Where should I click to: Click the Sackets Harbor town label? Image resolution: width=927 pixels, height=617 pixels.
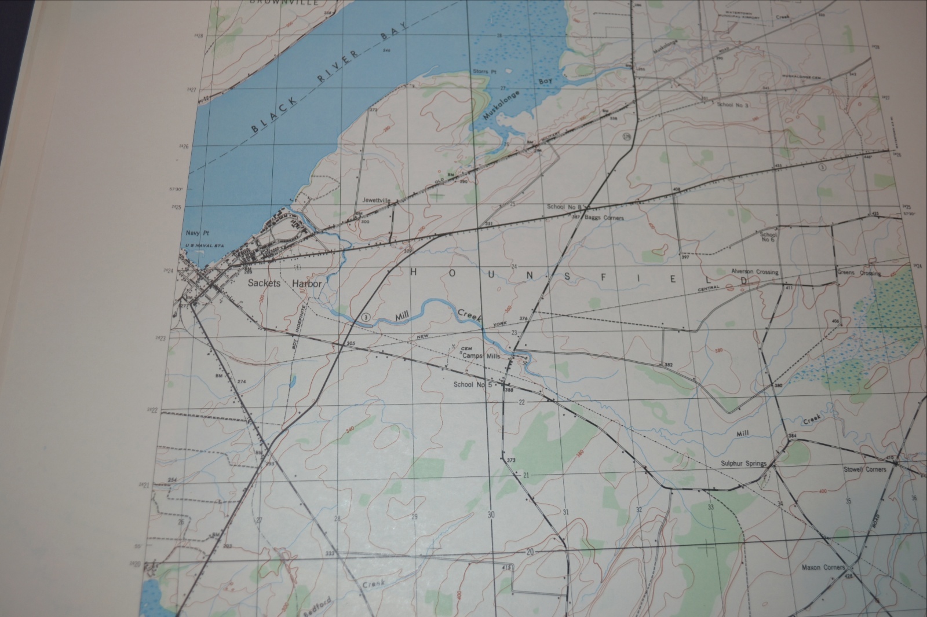click(x=284, y=284)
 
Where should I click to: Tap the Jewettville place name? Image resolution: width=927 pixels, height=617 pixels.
click(x=377, y=200)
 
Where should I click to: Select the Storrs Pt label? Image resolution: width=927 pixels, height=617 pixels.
click(x=486, y=71)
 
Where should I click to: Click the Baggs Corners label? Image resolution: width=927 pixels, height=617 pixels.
click(x=604, y=218)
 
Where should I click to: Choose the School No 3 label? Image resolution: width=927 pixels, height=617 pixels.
click(x=733, y=105)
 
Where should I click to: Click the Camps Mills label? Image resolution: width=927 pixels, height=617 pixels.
click(x=481, y=356)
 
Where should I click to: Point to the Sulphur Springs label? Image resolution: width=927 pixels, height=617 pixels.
click(x=743, y=464)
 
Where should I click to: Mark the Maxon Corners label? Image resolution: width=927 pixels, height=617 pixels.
click(x=823, y=567)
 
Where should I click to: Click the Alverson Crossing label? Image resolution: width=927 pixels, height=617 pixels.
click(x=754, y=272)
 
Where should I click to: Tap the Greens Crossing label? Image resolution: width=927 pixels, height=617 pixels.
click(x=859, y=273)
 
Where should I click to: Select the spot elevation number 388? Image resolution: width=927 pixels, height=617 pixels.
click(x=509, y=391)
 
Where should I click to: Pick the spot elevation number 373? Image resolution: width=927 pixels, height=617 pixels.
click(x=511, y=460)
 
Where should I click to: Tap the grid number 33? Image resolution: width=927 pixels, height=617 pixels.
click(x=710, y=507)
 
